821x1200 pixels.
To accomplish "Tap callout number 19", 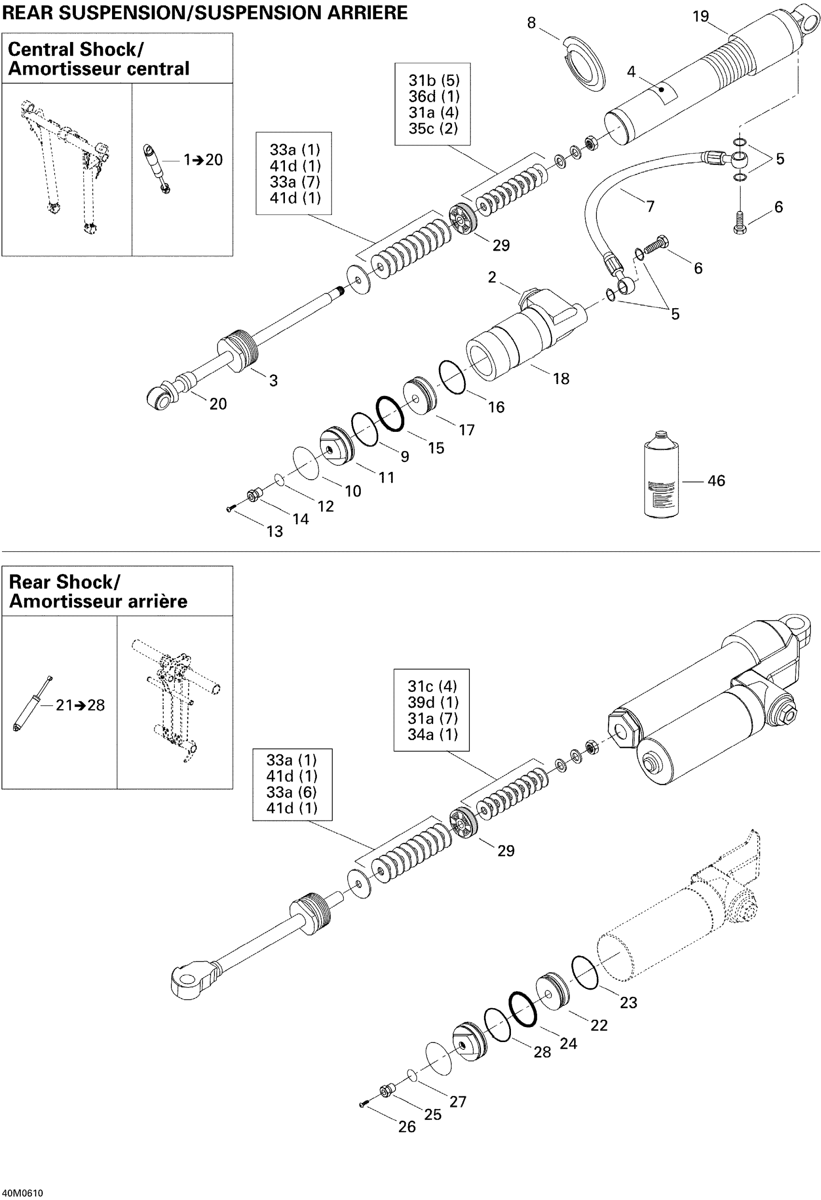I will [700, 16].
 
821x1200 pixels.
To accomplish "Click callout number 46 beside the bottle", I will [716, 481].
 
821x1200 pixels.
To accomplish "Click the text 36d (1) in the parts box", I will [434, 97].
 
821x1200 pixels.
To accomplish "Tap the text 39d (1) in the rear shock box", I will [433, 702].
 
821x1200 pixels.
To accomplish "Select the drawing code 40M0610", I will [23, 1193].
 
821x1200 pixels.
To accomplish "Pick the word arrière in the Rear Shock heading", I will [159, 601].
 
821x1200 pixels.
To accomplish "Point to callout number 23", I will [628, 1003].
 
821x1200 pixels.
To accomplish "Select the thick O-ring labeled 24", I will [523, 1010].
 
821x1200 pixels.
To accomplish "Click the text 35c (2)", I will [433, 129].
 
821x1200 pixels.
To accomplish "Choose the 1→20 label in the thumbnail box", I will [203, 160].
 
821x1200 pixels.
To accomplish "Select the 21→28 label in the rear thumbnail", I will [80, 705].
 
